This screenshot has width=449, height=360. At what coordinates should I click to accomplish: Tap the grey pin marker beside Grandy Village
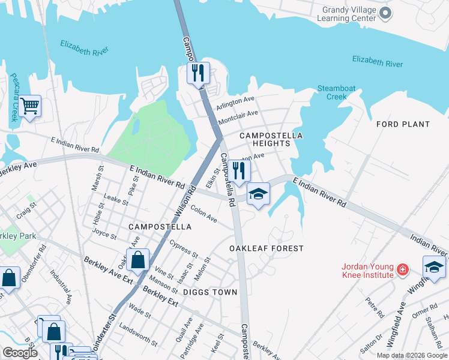387,13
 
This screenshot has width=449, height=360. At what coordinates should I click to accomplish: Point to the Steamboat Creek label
337,92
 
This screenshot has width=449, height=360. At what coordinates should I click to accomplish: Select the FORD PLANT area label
403,124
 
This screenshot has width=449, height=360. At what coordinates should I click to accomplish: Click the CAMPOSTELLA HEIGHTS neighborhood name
271,140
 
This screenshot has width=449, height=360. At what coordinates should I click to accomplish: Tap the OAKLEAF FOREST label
267,248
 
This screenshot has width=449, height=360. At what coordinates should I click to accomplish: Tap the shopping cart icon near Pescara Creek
29,106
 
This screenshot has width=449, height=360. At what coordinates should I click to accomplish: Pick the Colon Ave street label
203,215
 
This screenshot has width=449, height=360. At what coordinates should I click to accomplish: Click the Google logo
20,353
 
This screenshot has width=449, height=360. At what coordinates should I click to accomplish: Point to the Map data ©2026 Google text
410,355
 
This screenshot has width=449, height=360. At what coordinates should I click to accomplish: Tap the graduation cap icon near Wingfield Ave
434,266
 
